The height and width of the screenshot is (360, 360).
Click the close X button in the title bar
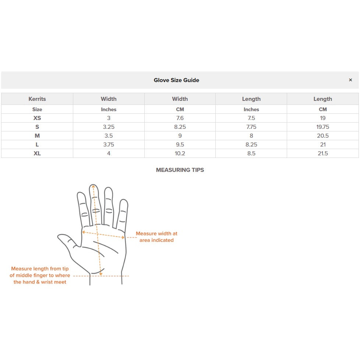350,80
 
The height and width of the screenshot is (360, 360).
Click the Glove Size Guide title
176,80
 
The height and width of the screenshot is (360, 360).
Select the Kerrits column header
37,99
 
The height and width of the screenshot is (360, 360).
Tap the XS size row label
37,118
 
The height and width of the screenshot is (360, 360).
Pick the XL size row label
37,153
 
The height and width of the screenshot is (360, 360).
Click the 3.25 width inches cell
109,127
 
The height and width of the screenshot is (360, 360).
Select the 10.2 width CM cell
180,153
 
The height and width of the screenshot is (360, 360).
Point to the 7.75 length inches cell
251,127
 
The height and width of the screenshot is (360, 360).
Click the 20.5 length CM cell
323,135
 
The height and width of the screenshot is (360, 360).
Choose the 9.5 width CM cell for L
180,144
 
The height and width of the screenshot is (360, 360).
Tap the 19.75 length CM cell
323,127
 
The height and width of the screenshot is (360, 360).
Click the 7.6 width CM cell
180,118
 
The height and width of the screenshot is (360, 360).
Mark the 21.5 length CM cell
323,153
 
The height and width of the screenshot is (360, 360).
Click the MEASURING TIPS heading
180,170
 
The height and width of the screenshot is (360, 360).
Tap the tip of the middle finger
93,187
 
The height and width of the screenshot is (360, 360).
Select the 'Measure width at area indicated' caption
156,237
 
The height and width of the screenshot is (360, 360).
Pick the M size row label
37,135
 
